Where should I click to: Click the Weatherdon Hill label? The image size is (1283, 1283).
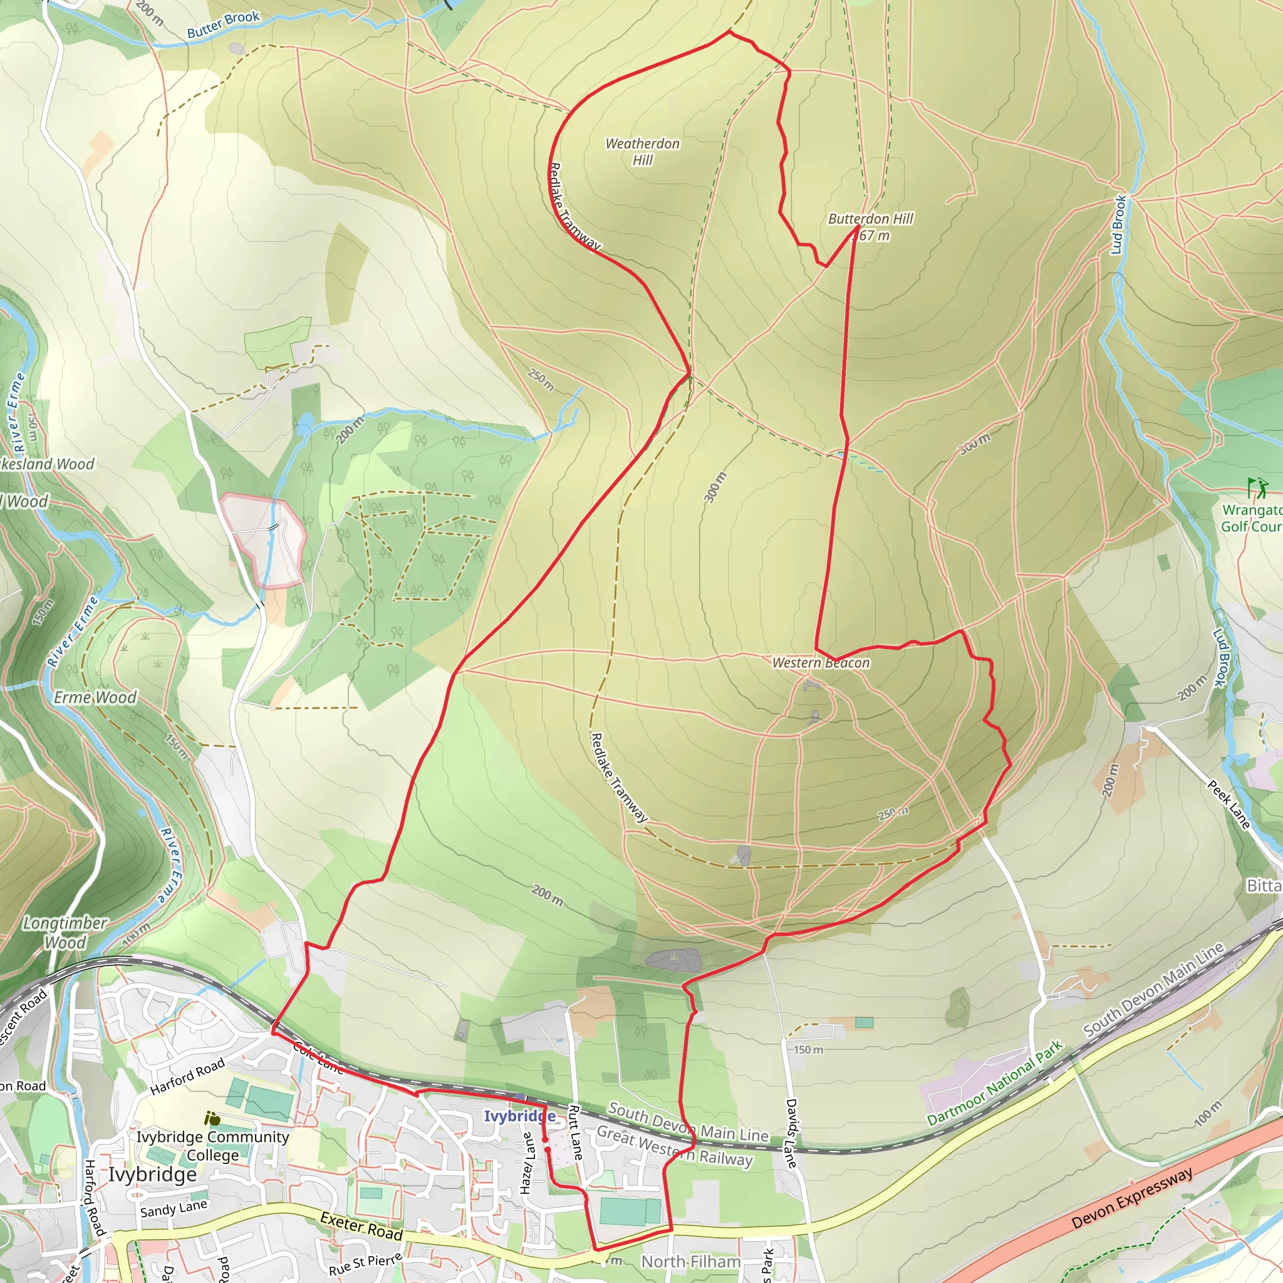pos(642,152)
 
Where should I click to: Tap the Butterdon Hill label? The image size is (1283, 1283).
pos(870,219)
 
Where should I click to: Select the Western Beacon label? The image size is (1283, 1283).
pos(821,663)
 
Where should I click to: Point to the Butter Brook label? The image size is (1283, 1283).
pos(223,24)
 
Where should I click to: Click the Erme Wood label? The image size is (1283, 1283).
pos(95,697)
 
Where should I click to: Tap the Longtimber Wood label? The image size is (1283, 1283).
pos(65,932)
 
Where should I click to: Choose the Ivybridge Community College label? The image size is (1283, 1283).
pos(212,1146)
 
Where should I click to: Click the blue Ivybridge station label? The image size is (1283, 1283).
pos(519,1116)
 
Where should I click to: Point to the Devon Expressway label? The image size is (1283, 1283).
pos(1132,1198)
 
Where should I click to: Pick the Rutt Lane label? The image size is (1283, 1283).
pos(575,1132)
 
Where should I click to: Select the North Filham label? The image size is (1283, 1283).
pos(690,1261)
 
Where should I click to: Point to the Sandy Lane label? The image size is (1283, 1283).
pos(174,1210)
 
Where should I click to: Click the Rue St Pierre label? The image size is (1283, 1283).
pos(366,1264)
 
